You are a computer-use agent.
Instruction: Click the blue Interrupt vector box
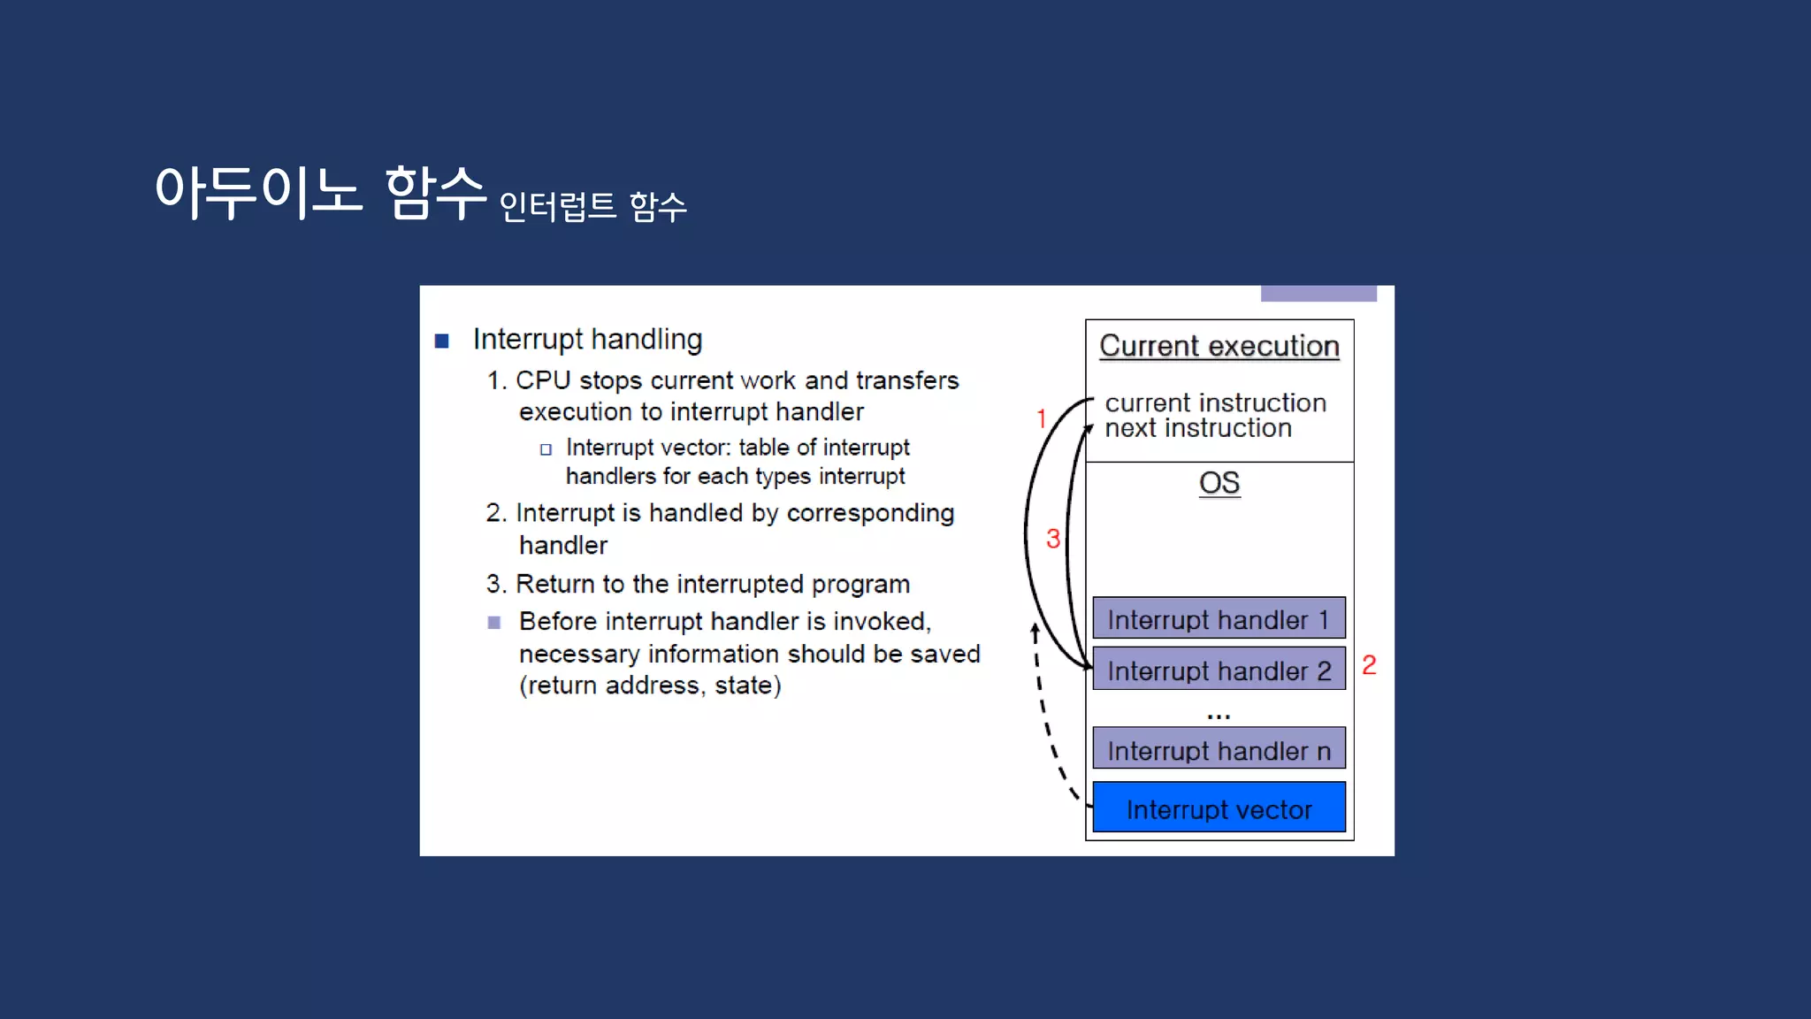(x=1219, y=808)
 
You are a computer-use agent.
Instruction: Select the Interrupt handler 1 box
(x=1219, y=618)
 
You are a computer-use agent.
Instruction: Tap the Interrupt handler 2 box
(x=1219, y=670)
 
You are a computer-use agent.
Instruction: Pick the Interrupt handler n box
(x=1219, y=749)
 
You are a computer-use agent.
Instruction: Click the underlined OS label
(x=1219, y=483)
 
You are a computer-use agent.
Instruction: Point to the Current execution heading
(x=1219, y=346)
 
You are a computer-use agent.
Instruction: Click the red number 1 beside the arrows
(x=1042, y=418)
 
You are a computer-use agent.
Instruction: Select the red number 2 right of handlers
(x=1369, y=665)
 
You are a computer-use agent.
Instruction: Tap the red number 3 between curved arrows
(x=1053, y=539)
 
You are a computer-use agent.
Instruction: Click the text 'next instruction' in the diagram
(x=1198, y=429)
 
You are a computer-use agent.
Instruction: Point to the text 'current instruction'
(x=1215, y=402)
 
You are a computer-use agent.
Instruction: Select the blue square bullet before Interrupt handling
(x=442, y=341)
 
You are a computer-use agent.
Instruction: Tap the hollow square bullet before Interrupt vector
(x=546, y=449)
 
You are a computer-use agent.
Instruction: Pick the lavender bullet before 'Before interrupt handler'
(x=494, y=623)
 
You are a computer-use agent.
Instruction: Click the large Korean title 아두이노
(x=258, y=191)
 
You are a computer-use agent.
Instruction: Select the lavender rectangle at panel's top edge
(x=1318, y=294)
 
